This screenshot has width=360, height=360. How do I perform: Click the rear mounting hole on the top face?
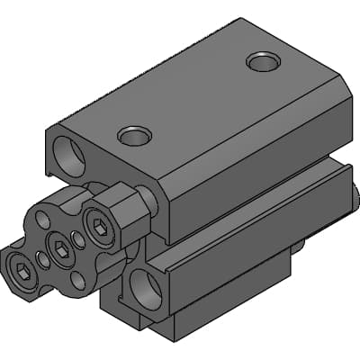[263, 61]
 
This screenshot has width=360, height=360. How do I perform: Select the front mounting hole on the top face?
[134, 136]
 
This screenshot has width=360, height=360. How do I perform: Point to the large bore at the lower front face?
[146, 289]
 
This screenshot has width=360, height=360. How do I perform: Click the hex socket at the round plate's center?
[61, 251]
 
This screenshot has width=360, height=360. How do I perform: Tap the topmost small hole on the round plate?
[44, 220]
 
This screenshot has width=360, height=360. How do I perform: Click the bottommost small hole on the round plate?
[77, 280]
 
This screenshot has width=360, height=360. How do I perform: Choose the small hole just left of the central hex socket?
[43, 261]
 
